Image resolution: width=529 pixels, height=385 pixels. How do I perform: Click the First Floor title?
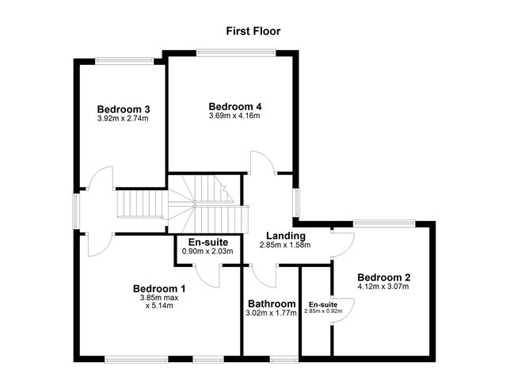click(x=253, y=31)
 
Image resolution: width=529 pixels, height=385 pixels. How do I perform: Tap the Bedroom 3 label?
click(x=124, y=109)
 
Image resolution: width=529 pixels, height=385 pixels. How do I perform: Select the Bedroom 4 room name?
click(x=234, y=106)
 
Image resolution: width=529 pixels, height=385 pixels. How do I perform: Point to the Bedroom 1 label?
click(x=159, y=289)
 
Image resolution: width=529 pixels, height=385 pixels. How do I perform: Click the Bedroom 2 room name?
click(x=383, y=277)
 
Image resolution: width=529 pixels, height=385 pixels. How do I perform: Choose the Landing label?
click(x=285, y=236)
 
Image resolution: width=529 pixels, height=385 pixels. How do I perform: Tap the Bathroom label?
click(x=272, y=303)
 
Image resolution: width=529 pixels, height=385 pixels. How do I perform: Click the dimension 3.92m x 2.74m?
click(x=124, y=119)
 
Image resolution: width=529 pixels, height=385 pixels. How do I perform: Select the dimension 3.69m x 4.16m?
click(x=234, y=116)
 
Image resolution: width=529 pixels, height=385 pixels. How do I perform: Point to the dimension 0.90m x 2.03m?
click(x=208, y=252)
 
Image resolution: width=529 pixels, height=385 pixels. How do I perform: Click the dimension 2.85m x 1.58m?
click(x=285, y=246)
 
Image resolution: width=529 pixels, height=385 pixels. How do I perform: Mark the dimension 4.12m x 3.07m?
click(x=383, y=287)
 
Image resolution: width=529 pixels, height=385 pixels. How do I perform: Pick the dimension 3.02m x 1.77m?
click(x=272, y=313)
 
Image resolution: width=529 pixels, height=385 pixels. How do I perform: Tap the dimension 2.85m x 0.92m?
click(x=322, y=311)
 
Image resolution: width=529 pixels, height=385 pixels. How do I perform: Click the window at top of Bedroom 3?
click(x=124, y=59)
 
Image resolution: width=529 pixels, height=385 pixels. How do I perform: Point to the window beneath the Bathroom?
click(x=283, y=360)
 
